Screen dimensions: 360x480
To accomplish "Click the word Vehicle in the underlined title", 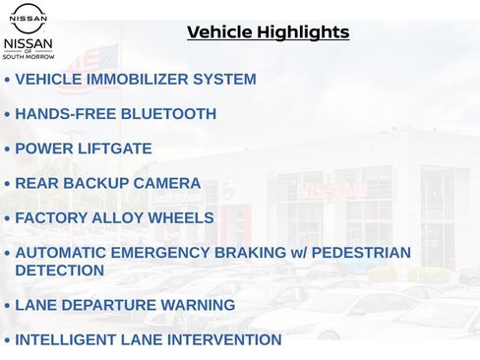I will (219, 32).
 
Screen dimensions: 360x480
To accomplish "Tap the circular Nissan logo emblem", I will (29, 17).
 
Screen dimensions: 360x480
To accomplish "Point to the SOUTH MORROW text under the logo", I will (29, 56).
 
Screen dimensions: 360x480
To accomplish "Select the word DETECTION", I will (59, 270).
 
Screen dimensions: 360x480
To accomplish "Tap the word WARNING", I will (200, 305).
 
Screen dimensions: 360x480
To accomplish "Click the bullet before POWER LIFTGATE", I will (7, 150).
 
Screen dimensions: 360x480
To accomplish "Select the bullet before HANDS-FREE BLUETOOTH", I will (7, 115).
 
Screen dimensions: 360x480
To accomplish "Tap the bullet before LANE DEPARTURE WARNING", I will (7, 306).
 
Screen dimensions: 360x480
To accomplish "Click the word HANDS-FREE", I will (60, 114).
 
